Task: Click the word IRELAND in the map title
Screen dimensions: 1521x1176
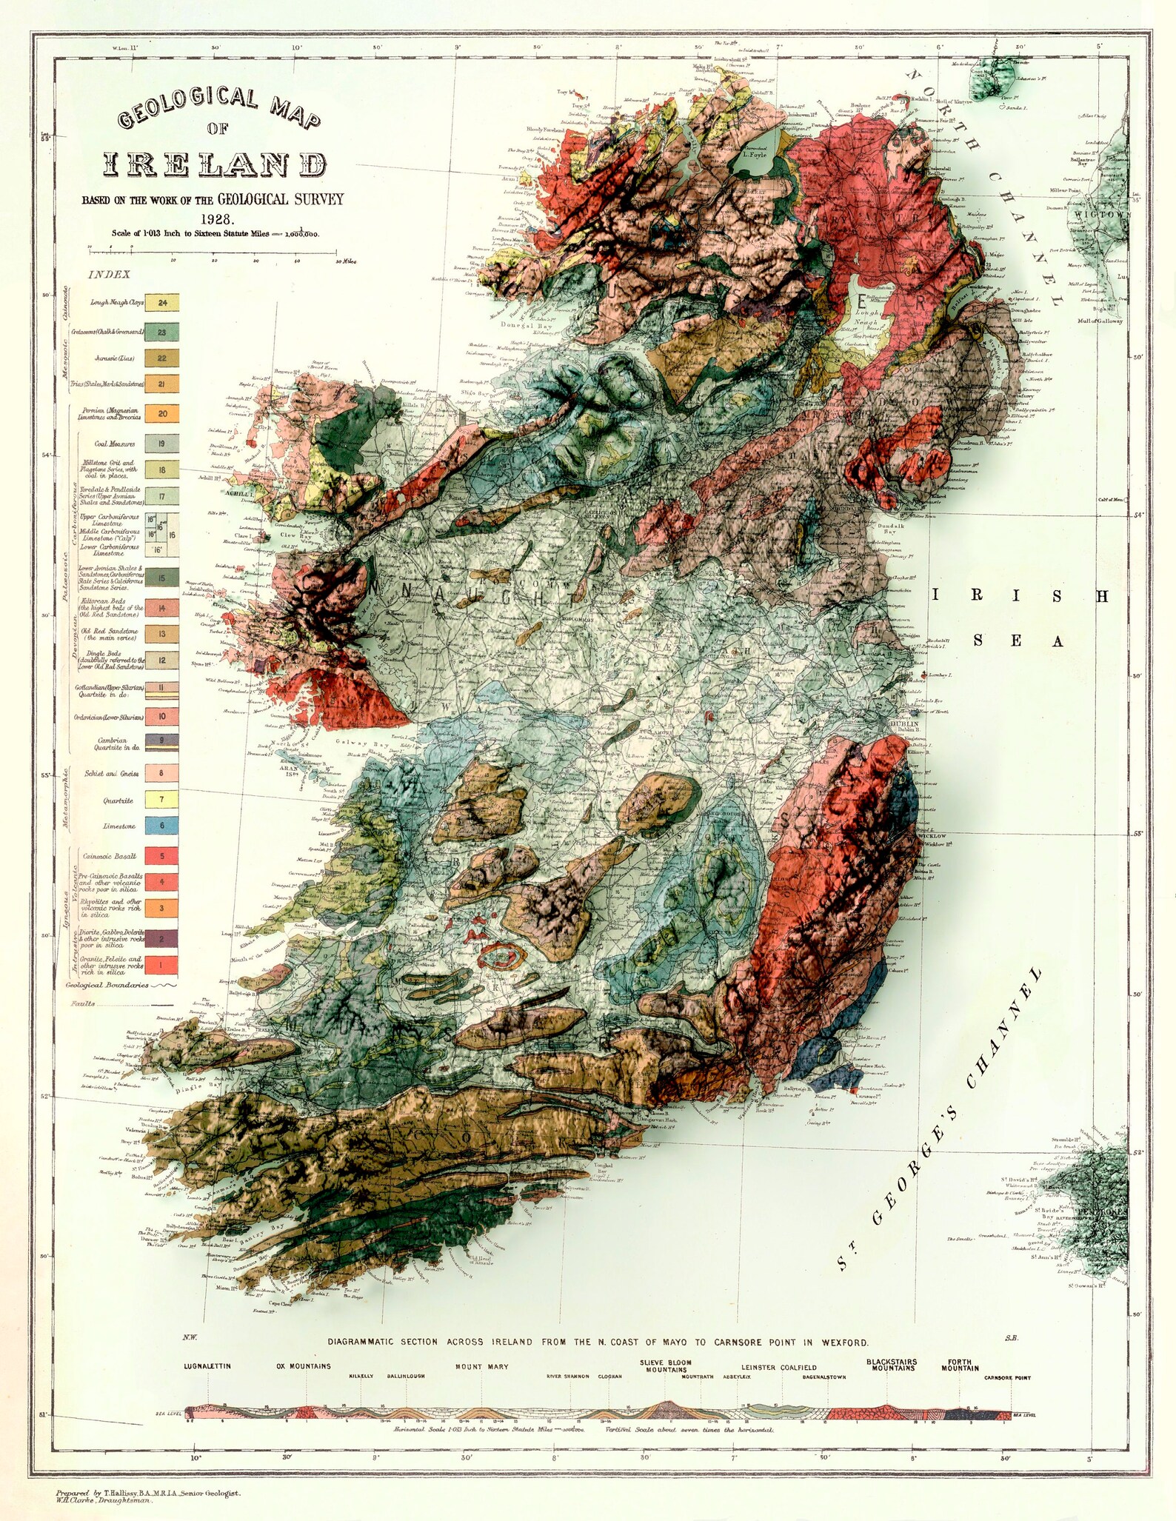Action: pyautogui.click(x=215, y=164)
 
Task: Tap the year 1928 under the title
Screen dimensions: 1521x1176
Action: pyautogui.click(x=216, y=219)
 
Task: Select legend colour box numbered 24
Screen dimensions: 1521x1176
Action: pyautogui.click(x=162, y=303)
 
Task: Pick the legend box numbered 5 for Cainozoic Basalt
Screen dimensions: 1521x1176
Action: pyautogui.click(x=161, y=856)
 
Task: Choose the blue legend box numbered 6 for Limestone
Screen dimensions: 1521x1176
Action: pyautogui.click(x=161, y=826)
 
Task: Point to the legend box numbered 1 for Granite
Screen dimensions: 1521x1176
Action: pyautogui.click(x=161, y=964)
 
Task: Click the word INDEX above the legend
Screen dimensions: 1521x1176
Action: pyautogui.click(x=110, y=275)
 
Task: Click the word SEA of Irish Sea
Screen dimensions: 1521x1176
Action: pyautogui.click(x=1016, y=641)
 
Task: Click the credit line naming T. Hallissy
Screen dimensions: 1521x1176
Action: pyautogui.click(x=147, y=1494)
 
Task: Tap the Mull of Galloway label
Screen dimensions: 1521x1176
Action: pyautogui.click(x=1098, y=321)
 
